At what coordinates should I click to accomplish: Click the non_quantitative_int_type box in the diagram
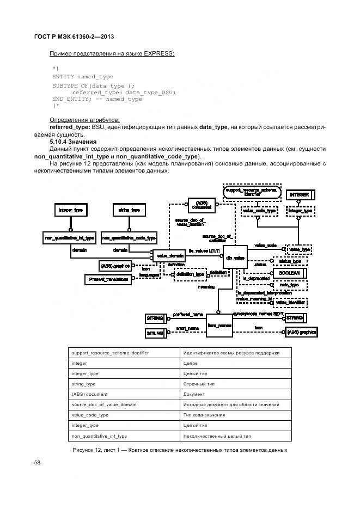pyautogui.click(x=69, y=237)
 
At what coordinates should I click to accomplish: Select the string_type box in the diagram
pyautogui.click(x=129, y=209)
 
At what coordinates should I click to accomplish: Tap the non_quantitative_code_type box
pyautogui.click(x=129, y=237)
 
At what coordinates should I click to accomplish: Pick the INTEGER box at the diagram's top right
pyautogui.click(x=299, y=194)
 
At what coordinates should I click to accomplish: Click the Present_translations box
pyautogui.click(x=107, y=279)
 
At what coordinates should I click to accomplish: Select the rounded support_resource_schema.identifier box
pyautogui.click(x=252, y=192)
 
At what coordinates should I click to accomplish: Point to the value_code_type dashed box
pyautogui.click(x=258, y=210)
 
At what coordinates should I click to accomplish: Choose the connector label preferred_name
pyautogui.click(x=188, y=314)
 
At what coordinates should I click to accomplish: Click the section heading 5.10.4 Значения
pyautogui.click(x=73, y=141)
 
